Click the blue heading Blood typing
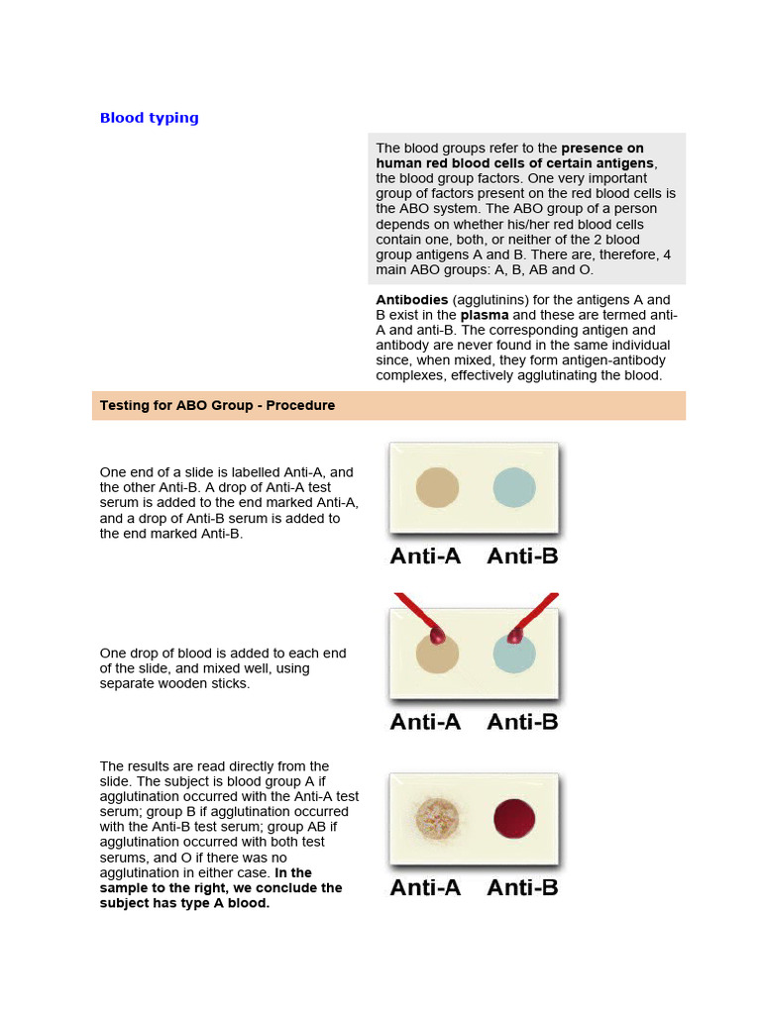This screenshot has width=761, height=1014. pyautogui.click(x=149, y=118)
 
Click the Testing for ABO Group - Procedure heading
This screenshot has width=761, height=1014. pyautogui.click(x=217, y=406)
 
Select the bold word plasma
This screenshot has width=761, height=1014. pyautogui.click(x=485, y=315)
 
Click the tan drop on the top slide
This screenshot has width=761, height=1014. pyautogui.click(x=437, y=488)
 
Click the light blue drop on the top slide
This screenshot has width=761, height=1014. pyautogui.click(x=514, y=487)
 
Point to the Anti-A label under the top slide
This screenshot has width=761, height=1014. pyautogui.click(x=425, y=557)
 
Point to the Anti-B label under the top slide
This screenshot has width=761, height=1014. pyautogui.click(x=522, y=557)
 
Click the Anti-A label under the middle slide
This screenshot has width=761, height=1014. pyautogui.click(x=425, y=722)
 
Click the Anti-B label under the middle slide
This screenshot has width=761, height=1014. pyautogui.click(x=522, y=722)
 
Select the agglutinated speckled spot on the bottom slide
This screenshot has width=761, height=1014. pyautogui.click(x=437, y=819)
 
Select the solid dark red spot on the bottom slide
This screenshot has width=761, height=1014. pyautogui.click(x=514, y=819)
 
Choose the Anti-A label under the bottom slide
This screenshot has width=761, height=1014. pyautogui.click(x=425, y=887)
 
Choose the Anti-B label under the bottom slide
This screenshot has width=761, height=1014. pyautogui.click(x=522, y=887)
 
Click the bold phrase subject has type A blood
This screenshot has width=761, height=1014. pyautogui.click(x=184, y=903)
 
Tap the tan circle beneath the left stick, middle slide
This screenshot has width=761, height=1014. pyautogui.click(x=437, y=658)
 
